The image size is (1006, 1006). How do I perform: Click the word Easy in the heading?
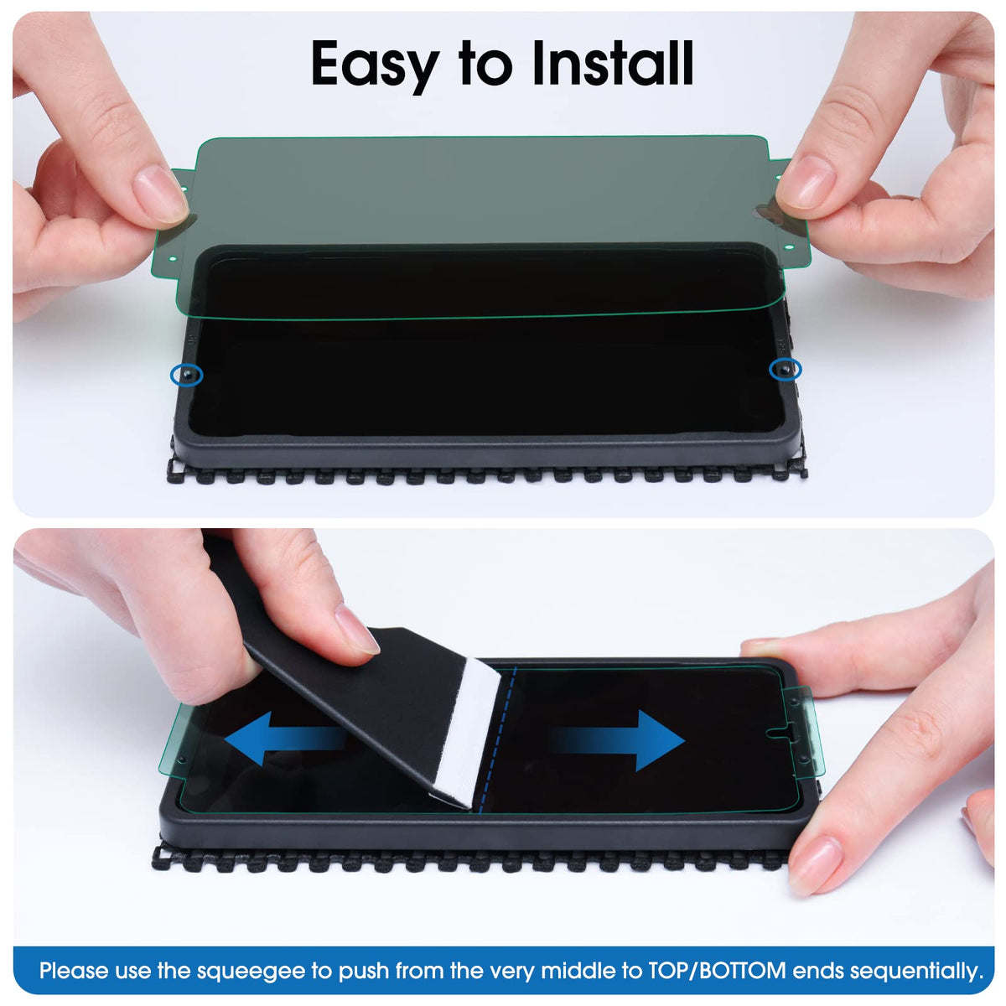pos(374,65)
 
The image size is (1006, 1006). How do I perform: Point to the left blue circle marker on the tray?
pos(186,374)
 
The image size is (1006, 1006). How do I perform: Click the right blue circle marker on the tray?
pos(786,370)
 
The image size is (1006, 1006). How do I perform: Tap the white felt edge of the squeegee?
pos(465,734)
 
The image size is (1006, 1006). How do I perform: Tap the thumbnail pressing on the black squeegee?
pos(358,629)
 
